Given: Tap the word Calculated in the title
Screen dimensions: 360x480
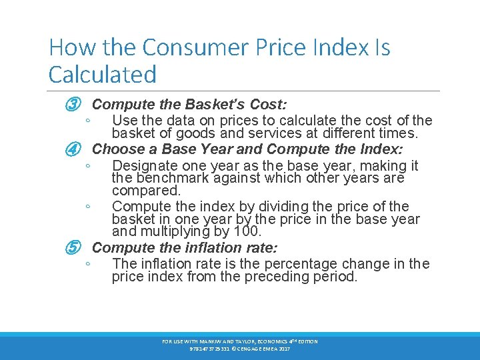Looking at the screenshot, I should (x=103, y=74).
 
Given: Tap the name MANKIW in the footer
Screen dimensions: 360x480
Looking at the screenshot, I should (x=207, y=342).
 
